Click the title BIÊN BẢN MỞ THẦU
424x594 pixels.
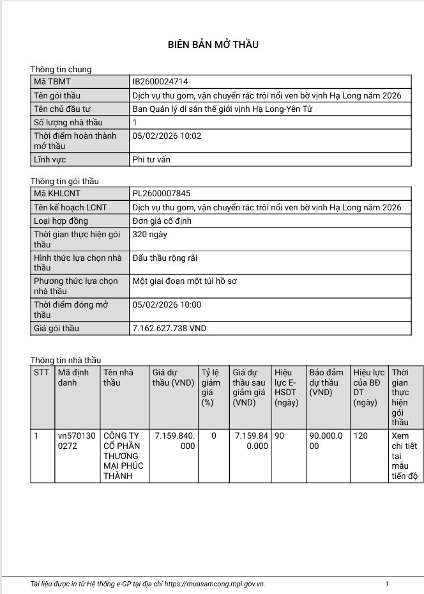tap(213, 44)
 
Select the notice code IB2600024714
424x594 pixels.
tap(160, 82)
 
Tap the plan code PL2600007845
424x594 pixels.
tap(161, 194)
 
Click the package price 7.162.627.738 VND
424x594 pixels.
tap(169, 328)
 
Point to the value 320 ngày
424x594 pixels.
tap(149, 235)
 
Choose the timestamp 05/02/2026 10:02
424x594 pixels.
tap(167, 136)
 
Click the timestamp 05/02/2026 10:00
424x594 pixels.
tap(167, 305)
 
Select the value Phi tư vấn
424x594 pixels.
tap(151, 160)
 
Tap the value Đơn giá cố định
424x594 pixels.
tap(162, 221)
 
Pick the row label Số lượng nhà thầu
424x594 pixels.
tap(68, 123)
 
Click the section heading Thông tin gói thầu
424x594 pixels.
tap(64, 182)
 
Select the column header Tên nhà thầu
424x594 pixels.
tap(119, 377)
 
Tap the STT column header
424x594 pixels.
tap(41, 372)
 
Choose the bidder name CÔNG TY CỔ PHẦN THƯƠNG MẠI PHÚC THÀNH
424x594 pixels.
tap(123, 456)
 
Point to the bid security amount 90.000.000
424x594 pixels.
tap(326, 441)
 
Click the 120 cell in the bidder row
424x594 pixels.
tap(361, 436)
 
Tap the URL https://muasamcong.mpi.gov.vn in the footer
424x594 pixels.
tap(214, 584)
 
